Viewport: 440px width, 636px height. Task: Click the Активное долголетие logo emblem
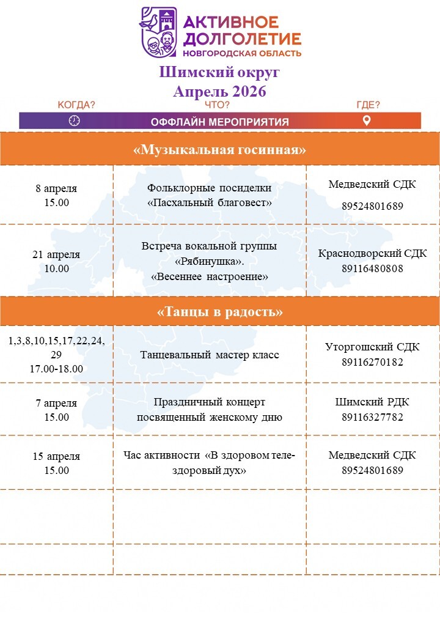tap(159, 32)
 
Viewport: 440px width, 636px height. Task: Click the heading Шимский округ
tap(219, 72)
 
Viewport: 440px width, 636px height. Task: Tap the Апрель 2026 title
tap(219, 91)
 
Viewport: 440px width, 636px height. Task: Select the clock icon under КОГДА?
tap(75, 120)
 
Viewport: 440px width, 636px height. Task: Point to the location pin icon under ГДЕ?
tap(367, 120)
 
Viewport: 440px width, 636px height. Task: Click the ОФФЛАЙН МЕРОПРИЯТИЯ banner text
tap(219, 121)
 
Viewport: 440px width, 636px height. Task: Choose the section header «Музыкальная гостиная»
tap(219, 150)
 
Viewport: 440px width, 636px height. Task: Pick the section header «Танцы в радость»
tap(219, 312)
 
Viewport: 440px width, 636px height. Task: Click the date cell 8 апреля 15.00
tap(56, 195)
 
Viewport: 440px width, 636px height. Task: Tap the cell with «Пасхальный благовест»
tap(210, 195)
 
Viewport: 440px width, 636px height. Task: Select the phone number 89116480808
tap(372, 268)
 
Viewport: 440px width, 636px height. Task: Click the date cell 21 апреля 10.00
tap(56, 261)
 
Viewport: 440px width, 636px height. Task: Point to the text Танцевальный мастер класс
tap(210, 355)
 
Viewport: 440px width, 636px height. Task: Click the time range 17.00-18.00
tap(56, 369)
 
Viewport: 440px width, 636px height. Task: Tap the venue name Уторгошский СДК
tap(372, 347)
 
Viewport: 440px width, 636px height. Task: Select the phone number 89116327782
tap(372, 417)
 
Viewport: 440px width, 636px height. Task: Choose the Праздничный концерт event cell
tap(210, 410)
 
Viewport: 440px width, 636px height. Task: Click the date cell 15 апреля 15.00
tap(56, 463)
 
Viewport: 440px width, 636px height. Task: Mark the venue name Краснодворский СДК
tap(372, 253)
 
